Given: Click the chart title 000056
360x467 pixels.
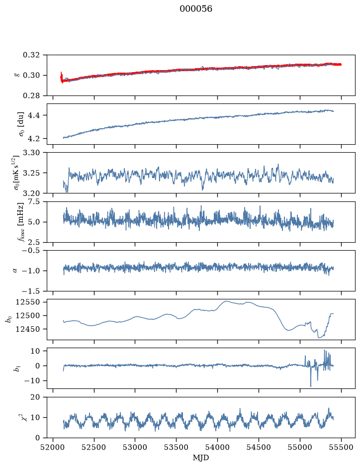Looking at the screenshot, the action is (195, 9).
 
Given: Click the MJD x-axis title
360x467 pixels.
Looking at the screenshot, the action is (201, 458).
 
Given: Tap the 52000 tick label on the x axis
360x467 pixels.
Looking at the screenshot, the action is (53, 447).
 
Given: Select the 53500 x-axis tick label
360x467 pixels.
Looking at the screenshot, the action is (177, 447).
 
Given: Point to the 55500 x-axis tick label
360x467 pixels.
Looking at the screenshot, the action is (341, 447).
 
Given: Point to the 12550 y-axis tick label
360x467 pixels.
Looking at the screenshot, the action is (28, 302).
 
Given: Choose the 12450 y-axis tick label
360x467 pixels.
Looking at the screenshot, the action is (28, 329).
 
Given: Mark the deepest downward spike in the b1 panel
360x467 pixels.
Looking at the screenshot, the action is (311, 386).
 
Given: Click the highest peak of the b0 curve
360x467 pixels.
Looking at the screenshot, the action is (226, 301).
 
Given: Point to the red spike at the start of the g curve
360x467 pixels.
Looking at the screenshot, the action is (61, 77).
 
